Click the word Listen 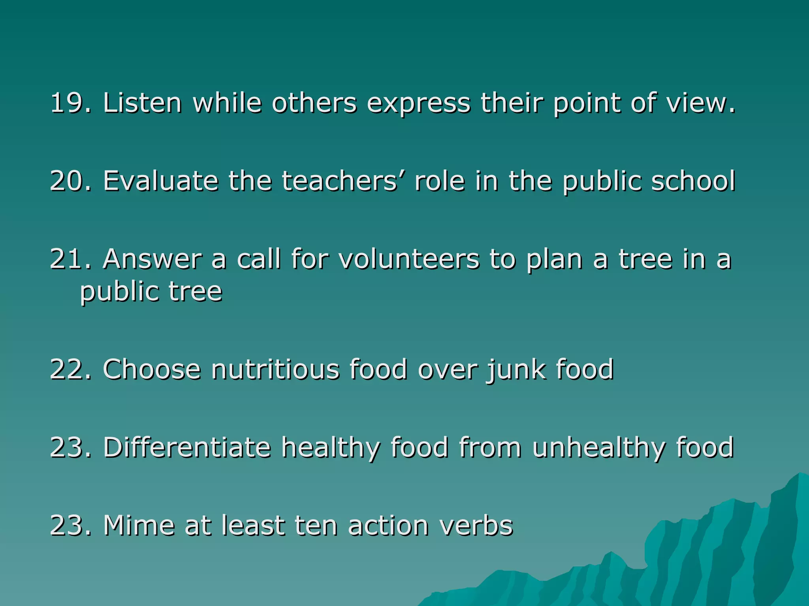pyautogui.click(x=142, y=103)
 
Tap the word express pyautogui.click(x=419, y=104)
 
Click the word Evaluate pyautogui.click(x=160, y=181)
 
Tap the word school pyautogui.click(x=693, y=181)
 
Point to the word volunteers pyautogui.click(x=409, y=259)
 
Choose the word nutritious pyautogui.click(x=275, y=369)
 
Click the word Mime pyautogui.click(x=138, y=526)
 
